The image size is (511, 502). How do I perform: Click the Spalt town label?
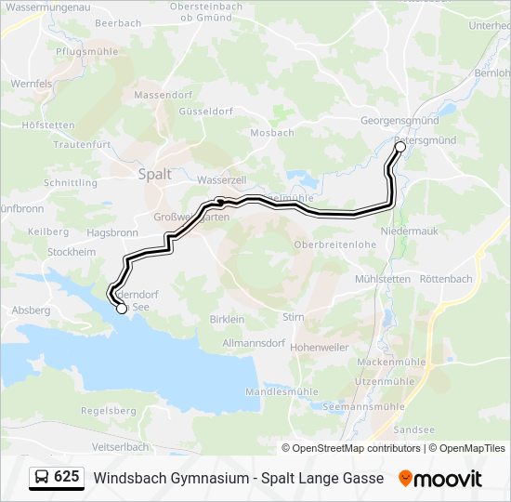(x=154, y=173)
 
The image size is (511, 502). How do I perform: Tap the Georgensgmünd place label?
(x=400, y=121)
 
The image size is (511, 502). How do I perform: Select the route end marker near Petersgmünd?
(x=400, y=147)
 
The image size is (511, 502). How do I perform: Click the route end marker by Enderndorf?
(x=121, y=309)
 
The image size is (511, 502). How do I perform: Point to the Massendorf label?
(x=161, y=95)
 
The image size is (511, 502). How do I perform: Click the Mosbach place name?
(x=272, y=133)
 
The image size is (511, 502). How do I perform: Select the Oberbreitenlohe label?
(x=334, y=244)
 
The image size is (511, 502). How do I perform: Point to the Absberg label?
(x=32, y=310)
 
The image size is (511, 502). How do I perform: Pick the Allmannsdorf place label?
(x=254, y=343)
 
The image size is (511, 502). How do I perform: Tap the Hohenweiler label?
(x=319, y=347)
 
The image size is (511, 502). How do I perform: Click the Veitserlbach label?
(x=121, y=446)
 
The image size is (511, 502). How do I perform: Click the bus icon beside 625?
(x=42, y=478)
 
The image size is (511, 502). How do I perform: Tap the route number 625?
(x=66, y=477)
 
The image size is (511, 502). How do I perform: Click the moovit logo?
(x=440, y=479)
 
